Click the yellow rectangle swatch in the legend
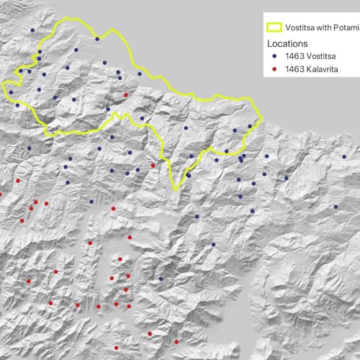click(274, 28)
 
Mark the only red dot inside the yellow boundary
click(126, 94)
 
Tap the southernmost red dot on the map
click(176, 342)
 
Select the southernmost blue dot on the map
click(161, 279)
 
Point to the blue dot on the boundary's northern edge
click(96, 38)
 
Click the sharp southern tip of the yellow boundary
click(174, 189)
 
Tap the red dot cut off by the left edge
click(1, 194)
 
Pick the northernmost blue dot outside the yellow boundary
click(32, 30)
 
